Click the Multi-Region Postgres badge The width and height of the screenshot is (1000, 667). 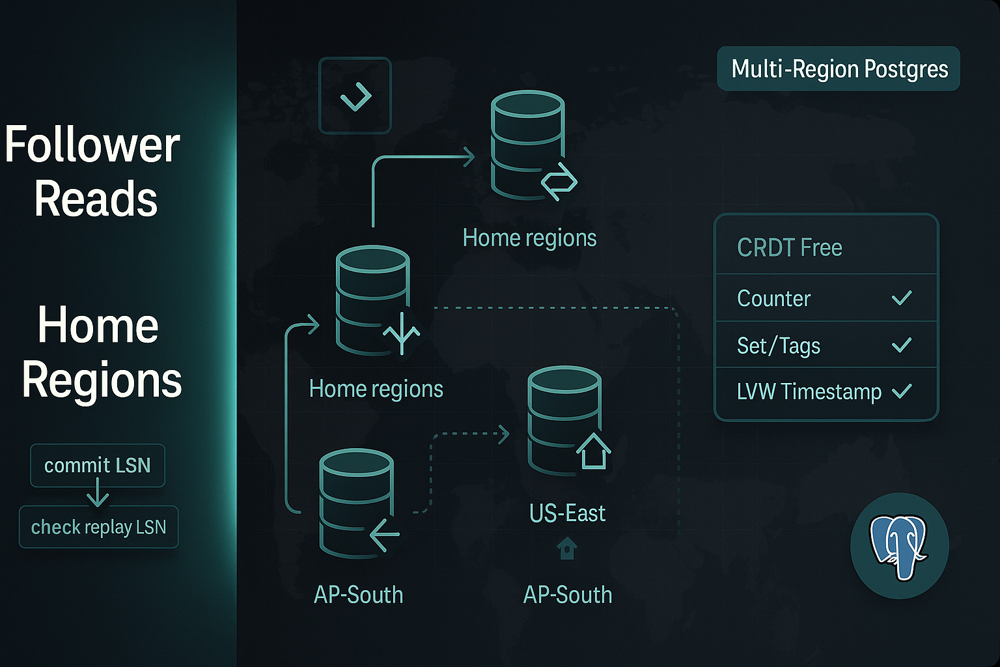click(x=839, y=69)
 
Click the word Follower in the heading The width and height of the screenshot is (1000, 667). click(x=92, y=145)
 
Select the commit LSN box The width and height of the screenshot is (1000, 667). click(x=98, y=466)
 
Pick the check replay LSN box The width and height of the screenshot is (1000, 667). click(x=98, y=527)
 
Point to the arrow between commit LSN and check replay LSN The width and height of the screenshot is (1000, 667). click(x=98, y=493)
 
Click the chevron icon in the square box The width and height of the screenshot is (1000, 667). click(x=355, y=96)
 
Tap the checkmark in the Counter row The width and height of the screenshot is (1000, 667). click(x=902, y=298)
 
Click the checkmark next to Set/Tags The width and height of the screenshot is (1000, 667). click(x=902, y=345)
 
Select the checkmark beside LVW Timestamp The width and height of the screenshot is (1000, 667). click(x=902, y=391)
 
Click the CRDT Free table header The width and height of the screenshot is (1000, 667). click(x=789, y=248)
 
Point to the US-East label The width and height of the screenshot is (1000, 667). click(x=567, y=513)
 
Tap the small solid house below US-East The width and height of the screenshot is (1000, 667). click(x=567, y=548)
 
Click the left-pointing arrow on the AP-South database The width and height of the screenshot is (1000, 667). click(x=385, y=535)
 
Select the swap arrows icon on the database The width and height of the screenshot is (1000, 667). click(x=559, y=182)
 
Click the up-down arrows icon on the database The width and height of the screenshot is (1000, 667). click(x=402, y=332)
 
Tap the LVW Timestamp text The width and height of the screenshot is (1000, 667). click(x=809, y=391)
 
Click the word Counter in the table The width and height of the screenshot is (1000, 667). click(x=773, y=298)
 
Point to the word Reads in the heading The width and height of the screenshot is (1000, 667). click(x=96, y=199)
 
